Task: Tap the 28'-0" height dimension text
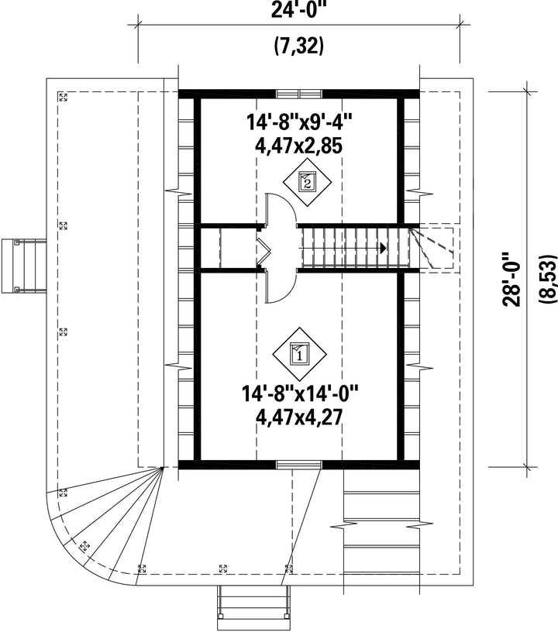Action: (x=511, y=280)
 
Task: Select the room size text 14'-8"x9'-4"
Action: (x=299, y=122)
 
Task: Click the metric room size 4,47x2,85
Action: (x=298, y=146)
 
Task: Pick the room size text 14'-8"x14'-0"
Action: (x=300, y=393)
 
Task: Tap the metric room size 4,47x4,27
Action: (x=299, y=417)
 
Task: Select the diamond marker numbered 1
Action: (x=300, y=354)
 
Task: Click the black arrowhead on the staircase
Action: (x=384, y=248)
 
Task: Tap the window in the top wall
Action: (x=299, y=94)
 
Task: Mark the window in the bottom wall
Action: (x=299, y=465)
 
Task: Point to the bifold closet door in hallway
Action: (x=263, y=248)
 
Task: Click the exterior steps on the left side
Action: (x=23, y=266)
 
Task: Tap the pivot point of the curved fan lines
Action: (x=162, y=468)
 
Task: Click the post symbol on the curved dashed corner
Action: (x=84, y=546)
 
